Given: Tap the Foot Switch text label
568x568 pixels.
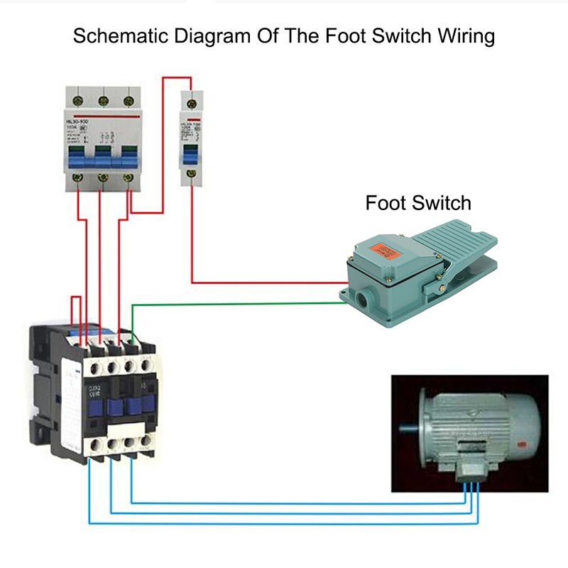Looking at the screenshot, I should coord(418,203).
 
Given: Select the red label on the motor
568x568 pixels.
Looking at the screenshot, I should coord(522,447).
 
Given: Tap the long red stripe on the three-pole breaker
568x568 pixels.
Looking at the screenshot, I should coord(102,114).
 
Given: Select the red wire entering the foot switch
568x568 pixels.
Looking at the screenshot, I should coord(270,283).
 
